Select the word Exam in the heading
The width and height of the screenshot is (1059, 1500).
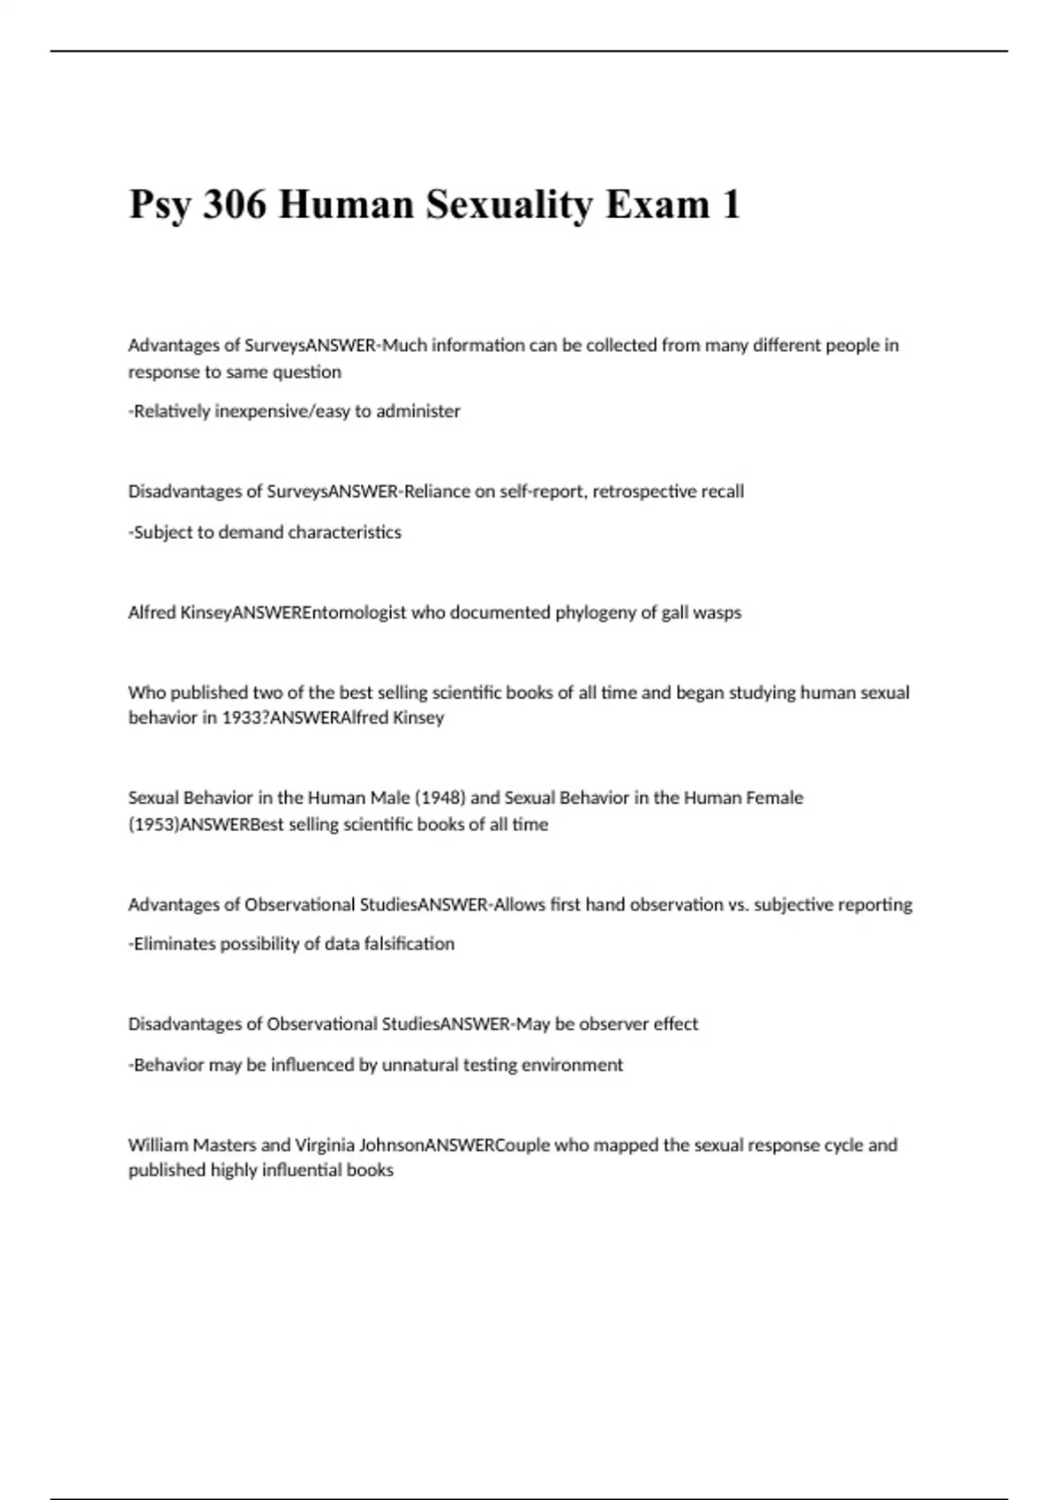(657, 205)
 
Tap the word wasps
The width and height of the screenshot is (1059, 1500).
(717, 612)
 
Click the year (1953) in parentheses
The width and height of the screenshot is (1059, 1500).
(154, 824)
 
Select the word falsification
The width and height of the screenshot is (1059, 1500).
(409, 944)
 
